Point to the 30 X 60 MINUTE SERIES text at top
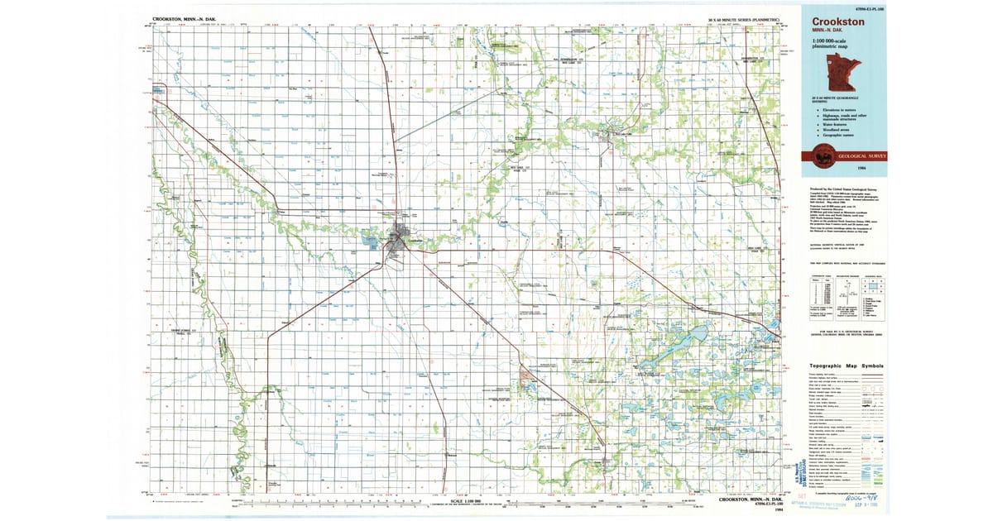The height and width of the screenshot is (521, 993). coord(744,18)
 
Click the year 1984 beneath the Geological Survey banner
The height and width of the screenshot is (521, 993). coord(875,169)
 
